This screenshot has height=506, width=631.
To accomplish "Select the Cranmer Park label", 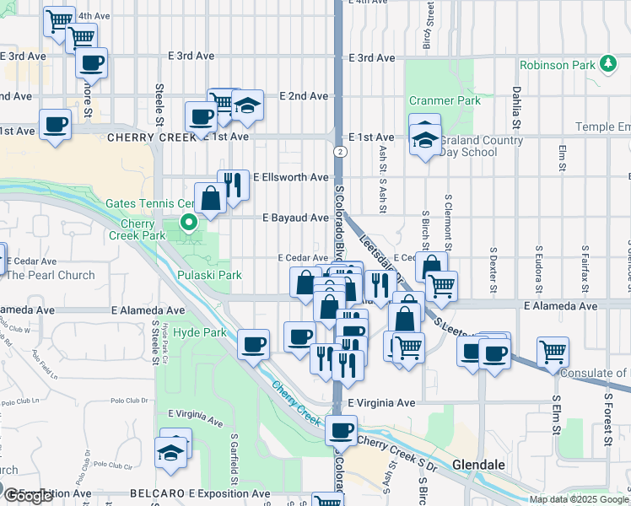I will click(x=445, y=100).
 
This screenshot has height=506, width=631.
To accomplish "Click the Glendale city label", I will click(x=478, y=465).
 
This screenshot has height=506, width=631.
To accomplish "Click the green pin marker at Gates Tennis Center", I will click(x=189, y=223).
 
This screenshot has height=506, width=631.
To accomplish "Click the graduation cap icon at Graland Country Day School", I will click(x=426, y=139).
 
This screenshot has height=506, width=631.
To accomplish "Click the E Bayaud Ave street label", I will click(x=294, y=218).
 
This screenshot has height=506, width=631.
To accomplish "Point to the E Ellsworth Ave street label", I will click(x=294, y=177).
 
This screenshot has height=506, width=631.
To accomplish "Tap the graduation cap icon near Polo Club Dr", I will click(x=170, y=451).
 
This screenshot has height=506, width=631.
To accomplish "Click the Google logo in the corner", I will click(x=28, y=496).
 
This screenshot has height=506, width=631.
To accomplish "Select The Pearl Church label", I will click(x=51, y=275).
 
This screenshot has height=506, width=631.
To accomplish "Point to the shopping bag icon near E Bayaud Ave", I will click(x=209, y=199).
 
